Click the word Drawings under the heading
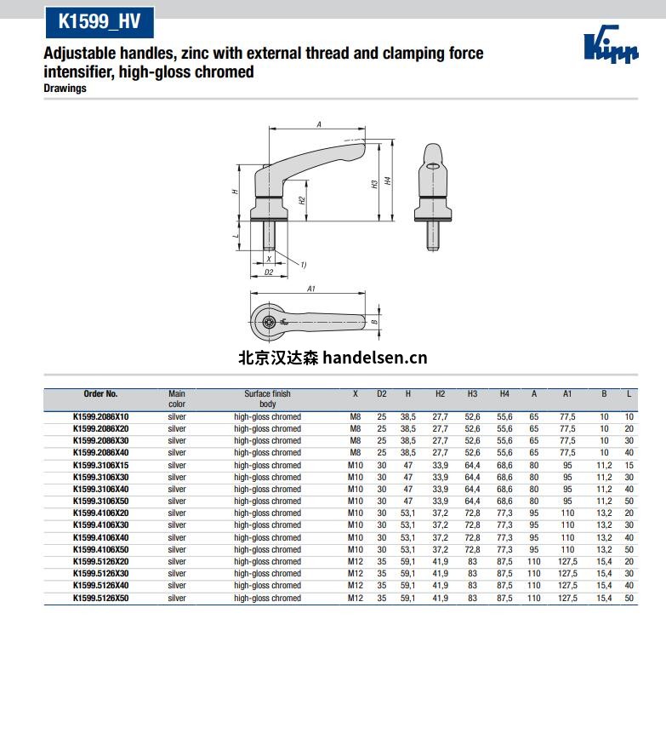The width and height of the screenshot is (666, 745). pyautogui.click(x=65, y=89)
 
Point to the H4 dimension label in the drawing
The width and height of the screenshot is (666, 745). pyautogui.click(x=388, y=181)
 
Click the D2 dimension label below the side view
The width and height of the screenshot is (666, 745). pyautogui.click(x=268, y=272)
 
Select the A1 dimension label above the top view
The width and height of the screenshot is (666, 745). pyautogui.click(x=311, y=289)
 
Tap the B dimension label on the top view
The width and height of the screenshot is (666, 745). pyautogui.click(x=374, y=322)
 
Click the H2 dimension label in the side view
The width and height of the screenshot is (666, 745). pyautogui.click(x=302, y=200)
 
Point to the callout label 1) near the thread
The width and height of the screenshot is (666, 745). pyautogui.click(x=303, y=265)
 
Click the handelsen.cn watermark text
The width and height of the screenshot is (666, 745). pyautogui.click(x=333, y=358)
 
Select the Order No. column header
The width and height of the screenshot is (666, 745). pyautogui.click(x=100, y=394)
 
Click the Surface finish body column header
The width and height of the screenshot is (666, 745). pyautogui.click(x=267, y=398)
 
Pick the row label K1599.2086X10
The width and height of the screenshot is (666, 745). pyautogui.click(x=100, y=417)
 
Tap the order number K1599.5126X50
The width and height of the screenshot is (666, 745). pyautogui.click(x=100, y=599)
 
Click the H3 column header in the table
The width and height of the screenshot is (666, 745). pyautogui.click(x=472, y=394)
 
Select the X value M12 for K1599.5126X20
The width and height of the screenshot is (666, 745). pyautogui.click(x=355, y=562)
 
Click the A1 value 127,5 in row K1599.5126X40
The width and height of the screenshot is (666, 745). pyautogui.click(x=567, y=586)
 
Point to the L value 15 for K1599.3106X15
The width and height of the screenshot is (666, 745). pyautogui.click(x=629, y=466)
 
